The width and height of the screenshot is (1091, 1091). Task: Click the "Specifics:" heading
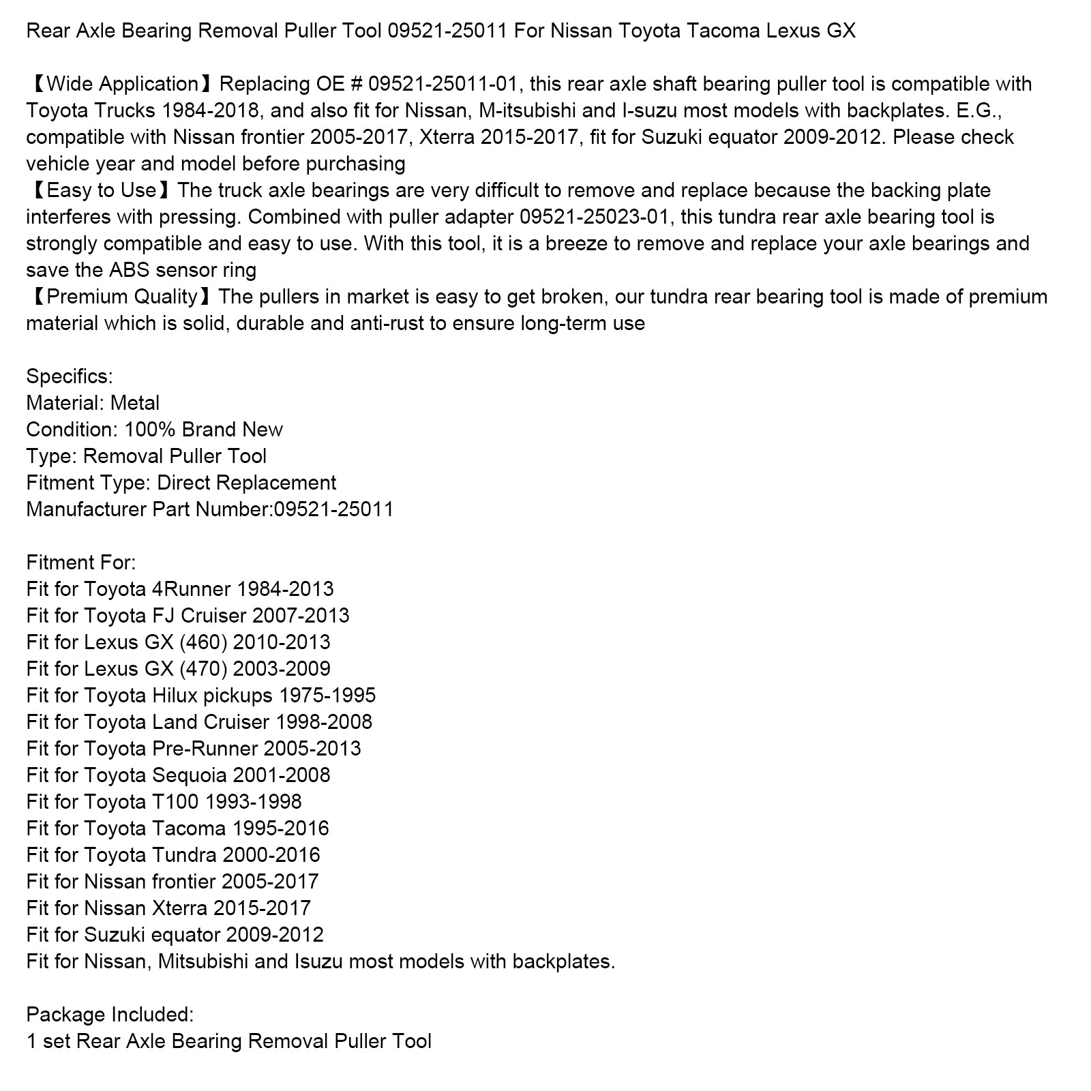coord(69,376)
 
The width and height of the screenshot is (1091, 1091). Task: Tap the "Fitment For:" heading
coord(80,563)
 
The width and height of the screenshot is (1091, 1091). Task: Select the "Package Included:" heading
coord(110,1015)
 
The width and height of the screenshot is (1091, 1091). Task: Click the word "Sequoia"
coord(190,775)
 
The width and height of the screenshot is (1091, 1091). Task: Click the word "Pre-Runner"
coord(205,749)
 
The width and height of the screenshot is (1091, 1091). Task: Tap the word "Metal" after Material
coord(135,403)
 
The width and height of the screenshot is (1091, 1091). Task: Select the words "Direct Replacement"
coord(247,483)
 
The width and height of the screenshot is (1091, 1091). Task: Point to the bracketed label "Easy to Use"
coord(102,190)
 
